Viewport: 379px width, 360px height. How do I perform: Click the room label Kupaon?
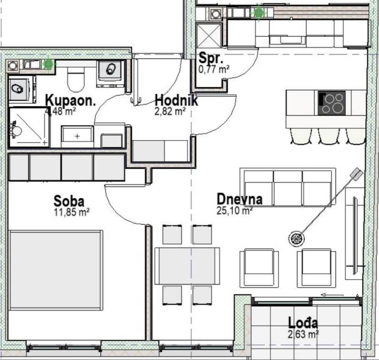tap(70, 100)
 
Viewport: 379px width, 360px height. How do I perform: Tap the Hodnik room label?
tap(176, 100)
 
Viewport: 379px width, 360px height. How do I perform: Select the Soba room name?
tap(69, 201)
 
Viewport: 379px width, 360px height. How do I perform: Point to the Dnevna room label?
tap(239, 199)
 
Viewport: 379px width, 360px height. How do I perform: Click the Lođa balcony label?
tap(303, 322)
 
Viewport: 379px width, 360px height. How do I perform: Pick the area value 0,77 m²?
tap(214, 70)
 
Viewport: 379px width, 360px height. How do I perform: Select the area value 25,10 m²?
tap(235, 210)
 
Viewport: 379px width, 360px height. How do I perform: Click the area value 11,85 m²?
tap(72, 212)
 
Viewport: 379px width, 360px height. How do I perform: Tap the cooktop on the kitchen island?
tap(331, 103)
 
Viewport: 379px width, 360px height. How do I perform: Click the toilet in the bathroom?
tap(75, 79)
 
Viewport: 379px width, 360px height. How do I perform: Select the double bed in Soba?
tap(55, 270)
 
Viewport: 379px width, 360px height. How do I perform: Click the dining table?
tap(187, 266)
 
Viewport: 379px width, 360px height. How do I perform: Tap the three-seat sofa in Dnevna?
tap(288, 187)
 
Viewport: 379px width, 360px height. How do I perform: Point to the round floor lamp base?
tap(297, 239)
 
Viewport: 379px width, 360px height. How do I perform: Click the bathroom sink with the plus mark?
tap(77, 136)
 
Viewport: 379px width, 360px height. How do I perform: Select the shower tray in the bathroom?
tap(29, 127)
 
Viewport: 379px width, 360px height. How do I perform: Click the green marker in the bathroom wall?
tap(48, 64)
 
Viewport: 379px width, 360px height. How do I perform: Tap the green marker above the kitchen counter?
tap(259, 12)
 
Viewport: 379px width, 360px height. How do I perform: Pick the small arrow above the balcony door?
tap(332, 295)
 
